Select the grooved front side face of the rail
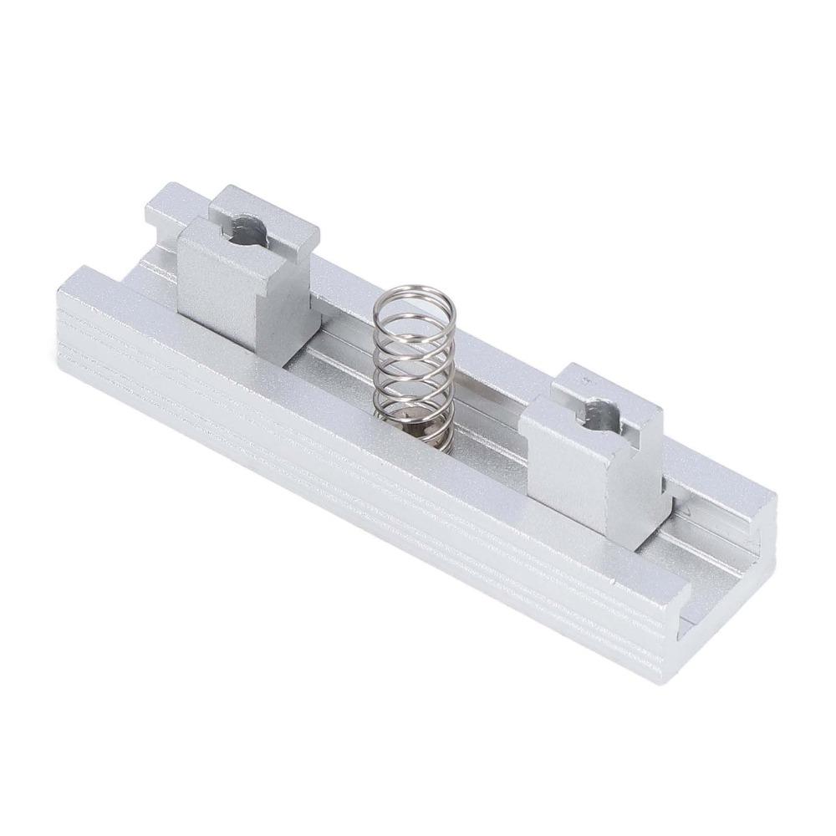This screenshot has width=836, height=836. click(x=334, y=468)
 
